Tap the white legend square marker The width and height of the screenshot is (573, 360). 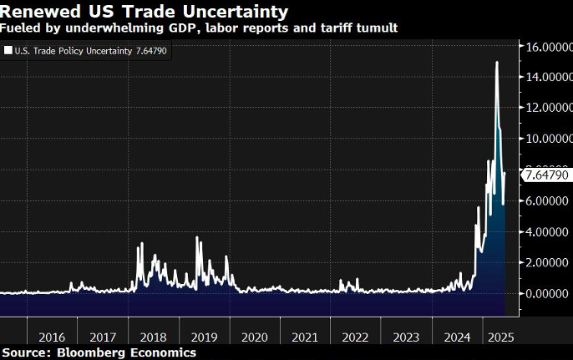pyautogui.click(x=8, y=51)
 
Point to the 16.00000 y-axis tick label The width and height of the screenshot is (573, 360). pyautogui.click(x=549, y=46)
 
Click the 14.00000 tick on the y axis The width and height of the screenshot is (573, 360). pyautogui.click(x=549, y=77)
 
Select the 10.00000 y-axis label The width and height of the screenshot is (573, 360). pyautogui.click(x=549, y=139)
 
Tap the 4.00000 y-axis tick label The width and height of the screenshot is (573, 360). pyautogui.click(x=549, y=231)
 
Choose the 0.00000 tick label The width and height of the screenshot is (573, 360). pyautogui.click(x=549, y=293)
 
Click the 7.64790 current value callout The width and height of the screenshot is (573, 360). pyautogui.click(x=547, y=175)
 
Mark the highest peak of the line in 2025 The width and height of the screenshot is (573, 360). pyautogui.click(x=497, y=63)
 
